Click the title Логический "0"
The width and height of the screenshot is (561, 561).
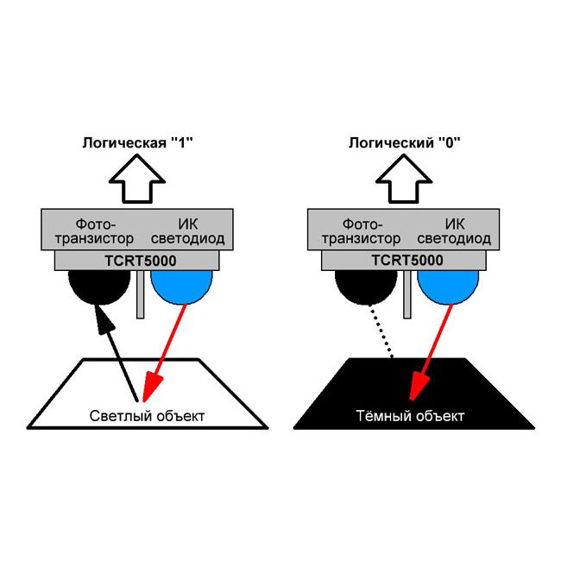pos(405,144)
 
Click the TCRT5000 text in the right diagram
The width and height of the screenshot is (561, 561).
pos(407,260)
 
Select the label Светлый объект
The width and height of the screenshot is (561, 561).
pos(148,416)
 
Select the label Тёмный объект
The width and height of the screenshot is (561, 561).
pos(411,416)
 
